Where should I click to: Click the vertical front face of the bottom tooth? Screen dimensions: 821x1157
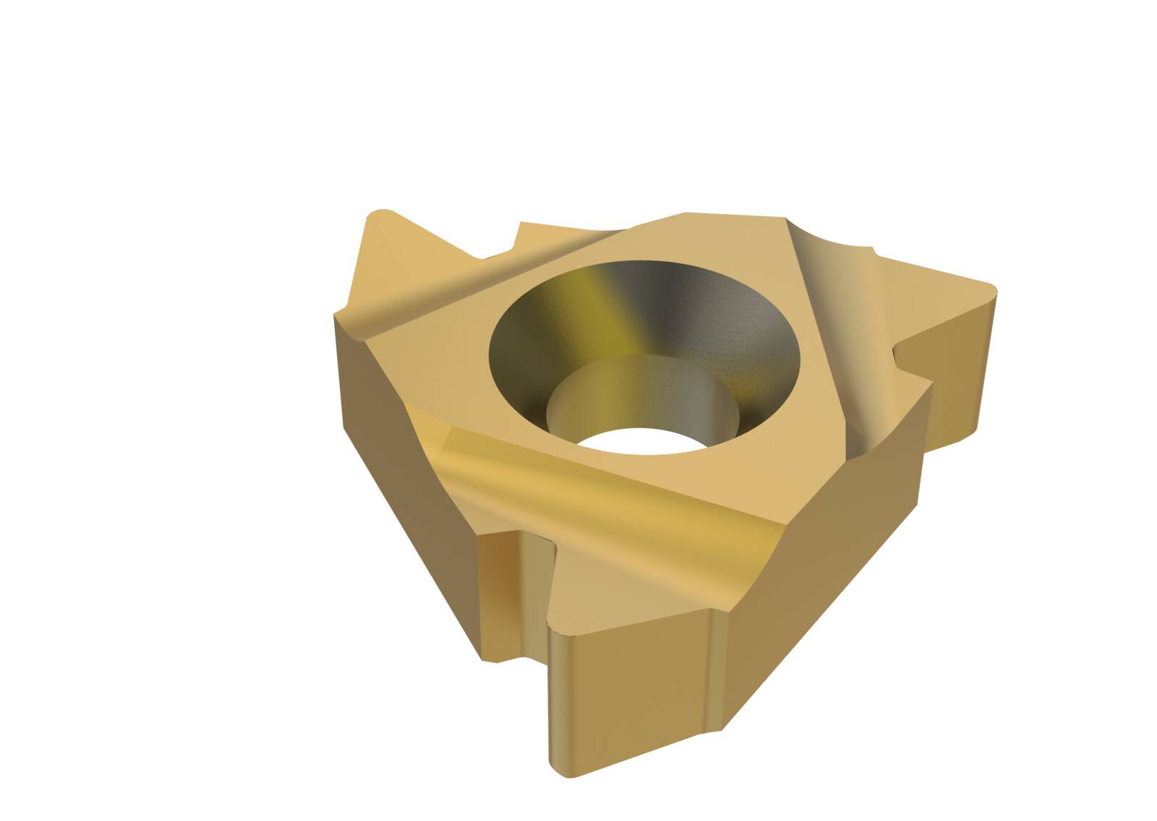(x=629, y=694)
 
